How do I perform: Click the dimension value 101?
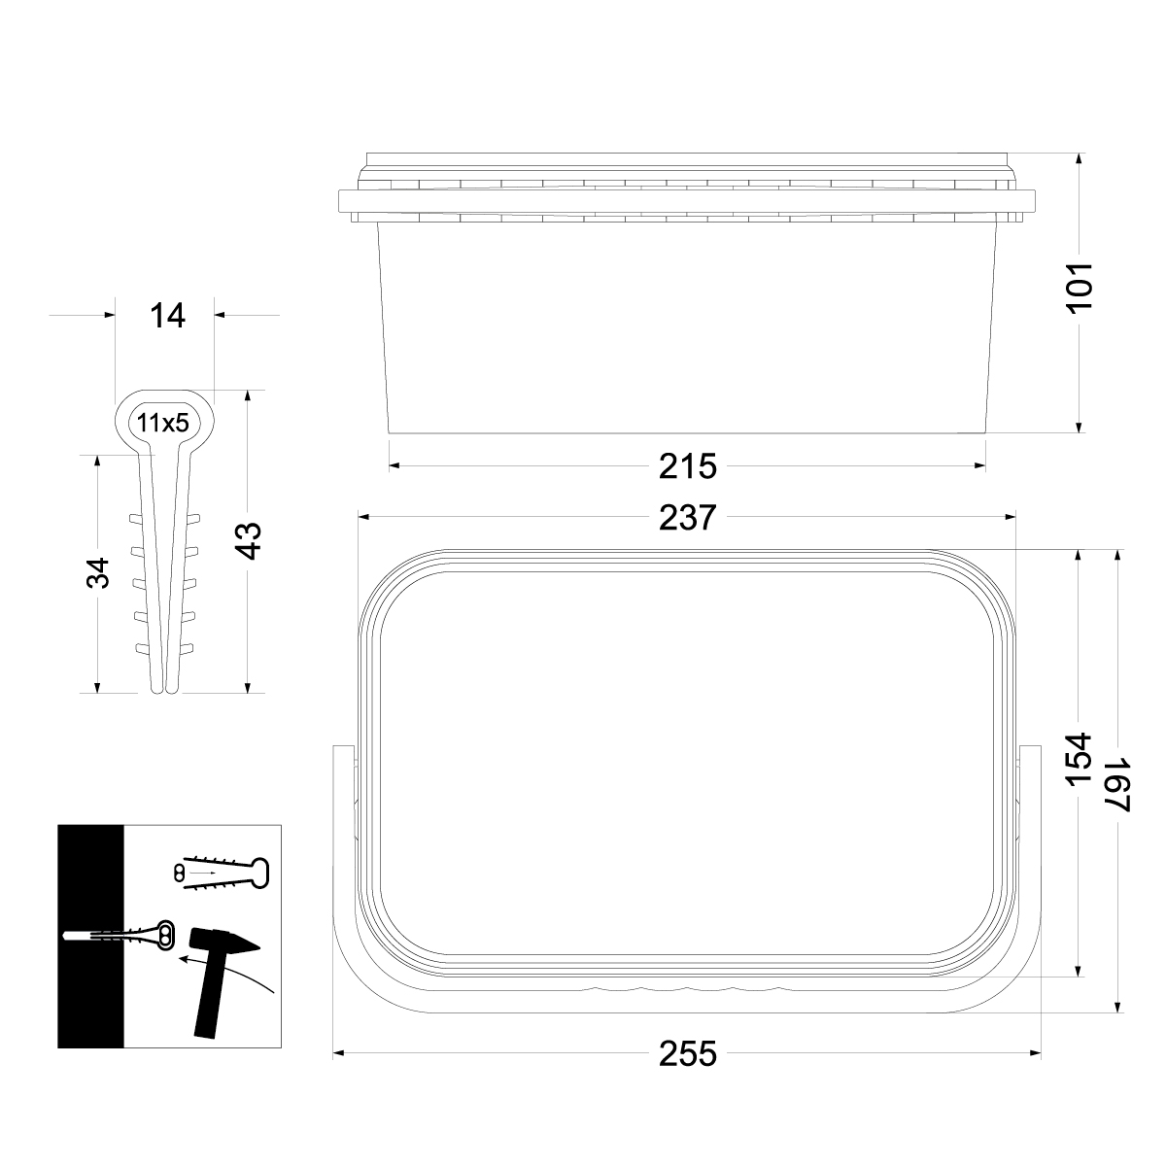pos(1080,286)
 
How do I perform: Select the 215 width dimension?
pos(687,466)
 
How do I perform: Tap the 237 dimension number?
pos(687,518)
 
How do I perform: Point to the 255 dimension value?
pos(687,1053)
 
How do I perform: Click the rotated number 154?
pos(1080,761)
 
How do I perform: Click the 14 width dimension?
pos(167,315)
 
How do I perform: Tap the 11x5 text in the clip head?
pos(162,423)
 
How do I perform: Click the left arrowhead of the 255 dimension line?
pos(338,1053)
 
